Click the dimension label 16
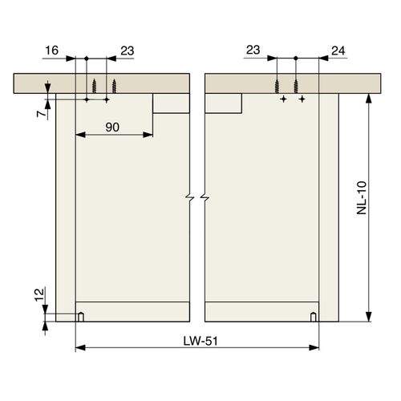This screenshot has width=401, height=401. point(51,50)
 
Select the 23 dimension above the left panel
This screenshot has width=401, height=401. point(126,50)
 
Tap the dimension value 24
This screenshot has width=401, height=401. point(337,50)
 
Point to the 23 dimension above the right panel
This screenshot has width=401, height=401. point(253,50)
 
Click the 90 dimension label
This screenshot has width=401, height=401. point(114,127)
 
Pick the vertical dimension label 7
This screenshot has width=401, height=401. point(38,115)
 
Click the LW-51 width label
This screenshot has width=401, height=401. point(197,341)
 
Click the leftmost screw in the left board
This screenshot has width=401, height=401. point(95,86)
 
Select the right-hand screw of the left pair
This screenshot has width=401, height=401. point(115,86)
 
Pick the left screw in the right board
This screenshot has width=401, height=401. point(277,86)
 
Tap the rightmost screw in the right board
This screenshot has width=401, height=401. point(296,86)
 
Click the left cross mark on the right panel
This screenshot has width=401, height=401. point(283,99)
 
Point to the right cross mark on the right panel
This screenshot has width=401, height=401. point(302,99)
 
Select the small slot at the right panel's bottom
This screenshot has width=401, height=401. point(314,316)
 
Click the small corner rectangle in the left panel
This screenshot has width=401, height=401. point(171,104)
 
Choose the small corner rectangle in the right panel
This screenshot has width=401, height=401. point(224,104)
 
